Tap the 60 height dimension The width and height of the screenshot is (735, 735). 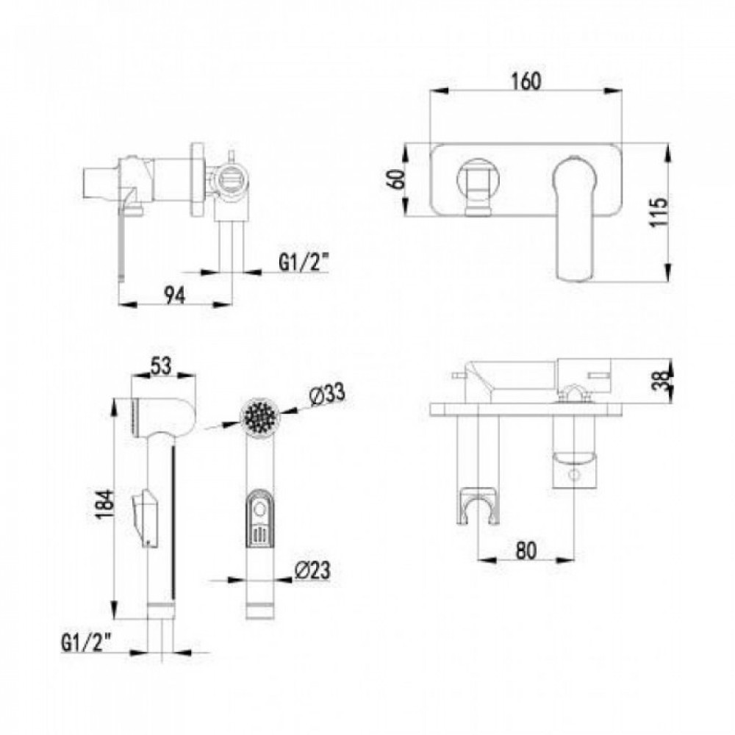point(396,179)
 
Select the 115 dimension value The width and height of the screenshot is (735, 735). point(659,212)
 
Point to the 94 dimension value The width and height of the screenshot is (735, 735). point(174,295)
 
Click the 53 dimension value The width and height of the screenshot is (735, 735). point(161,366)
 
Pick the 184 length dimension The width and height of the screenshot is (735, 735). point(104,505)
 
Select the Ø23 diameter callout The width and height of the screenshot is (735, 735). point(312,570)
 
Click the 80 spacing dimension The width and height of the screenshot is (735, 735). point(526,550)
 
